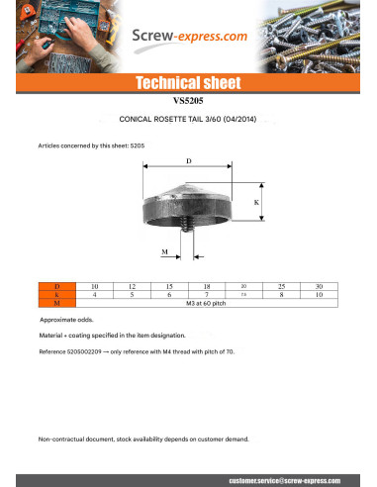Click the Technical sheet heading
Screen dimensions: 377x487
(188, 83)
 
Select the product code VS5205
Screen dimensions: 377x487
(188, 100)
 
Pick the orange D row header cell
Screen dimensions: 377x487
(56, 286)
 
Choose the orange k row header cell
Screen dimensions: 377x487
(56, 294)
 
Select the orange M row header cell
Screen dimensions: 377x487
(56, 302)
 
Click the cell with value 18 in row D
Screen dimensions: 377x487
(206, 286)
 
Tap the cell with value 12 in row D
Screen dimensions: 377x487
(132, 286)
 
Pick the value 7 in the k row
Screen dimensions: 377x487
(206, 294)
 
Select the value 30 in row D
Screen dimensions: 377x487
(318, 286)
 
